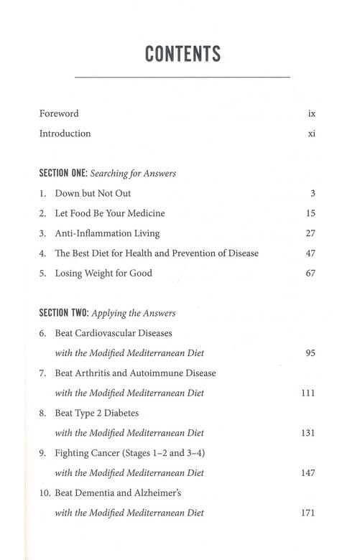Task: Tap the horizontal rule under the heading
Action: [x=182, y=77]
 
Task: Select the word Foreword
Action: [x=59, y=113]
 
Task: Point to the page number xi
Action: [x=312, y=134]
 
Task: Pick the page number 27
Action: [x=310, y=233]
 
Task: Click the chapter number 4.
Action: [x=42, y=253]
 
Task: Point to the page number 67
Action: [x=310, y=274]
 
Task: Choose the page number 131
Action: [x=308, y=433]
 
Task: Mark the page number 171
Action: [x=308, y=513]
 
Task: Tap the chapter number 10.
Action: [x=45, y=493]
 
